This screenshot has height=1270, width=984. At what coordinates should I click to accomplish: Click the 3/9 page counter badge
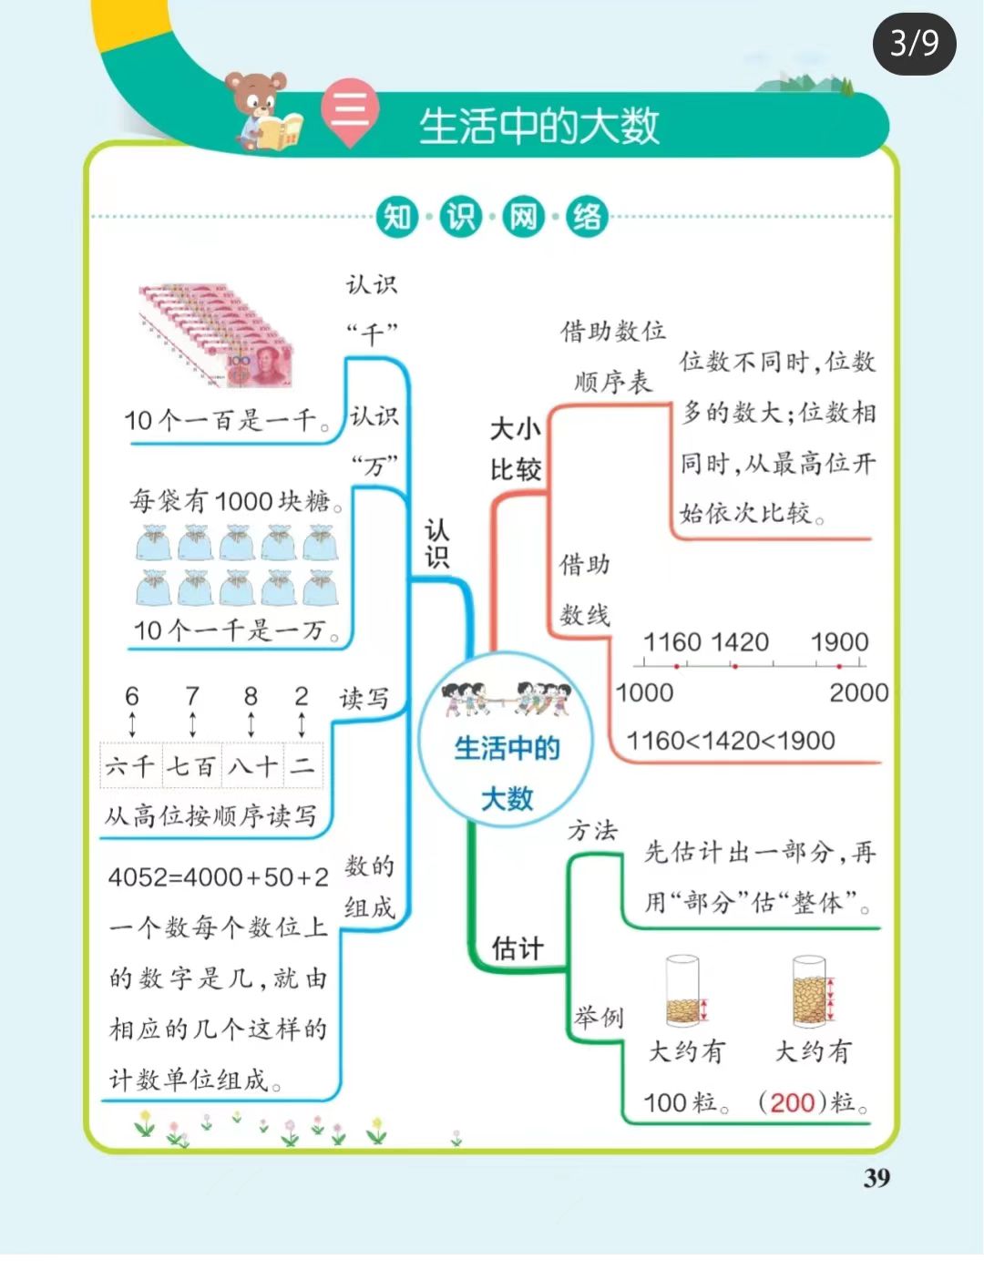pyautogui.click(x=914, y=43)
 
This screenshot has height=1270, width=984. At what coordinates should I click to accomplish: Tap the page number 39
pyautogui.click(x=876, y=1178)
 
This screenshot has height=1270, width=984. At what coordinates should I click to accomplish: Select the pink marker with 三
pyautogui.click(x=351, y=113)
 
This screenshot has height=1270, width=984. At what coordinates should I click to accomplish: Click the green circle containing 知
pyautogui.click(x=398, y=218)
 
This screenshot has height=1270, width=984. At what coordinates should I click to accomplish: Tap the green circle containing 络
pyautogui.click(x=587, y=218)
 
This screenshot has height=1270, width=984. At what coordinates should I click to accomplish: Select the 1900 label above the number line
pyautogui.click(x=839, y=642)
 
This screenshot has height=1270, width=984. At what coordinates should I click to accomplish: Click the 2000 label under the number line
pyautogui.click(x=858, y=693)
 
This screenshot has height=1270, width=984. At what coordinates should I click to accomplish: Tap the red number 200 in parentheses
pyautogui.click(x=792, y=1102)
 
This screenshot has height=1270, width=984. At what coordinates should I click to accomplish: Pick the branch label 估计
pyautogui.click(x=517, y=948)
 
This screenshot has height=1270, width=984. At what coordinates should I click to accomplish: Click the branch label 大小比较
pyautogui.click(x=516, y=449)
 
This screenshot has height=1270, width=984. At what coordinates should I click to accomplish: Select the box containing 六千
pyautogui.click(x=130, y=765)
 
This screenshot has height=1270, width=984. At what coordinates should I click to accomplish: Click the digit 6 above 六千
pyautogui.click(x=132, y=697)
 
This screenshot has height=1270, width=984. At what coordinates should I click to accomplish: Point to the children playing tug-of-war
pyautogui.click(x=506, y=699)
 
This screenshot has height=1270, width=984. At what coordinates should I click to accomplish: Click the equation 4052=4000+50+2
pyautogui.click(x=219, y=877)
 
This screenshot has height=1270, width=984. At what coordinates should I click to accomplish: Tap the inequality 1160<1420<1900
pyautogui.click(x=731, y=741)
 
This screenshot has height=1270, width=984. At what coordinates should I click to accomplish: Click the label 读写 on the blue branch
pyautogui.click(x=364, y=699)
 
